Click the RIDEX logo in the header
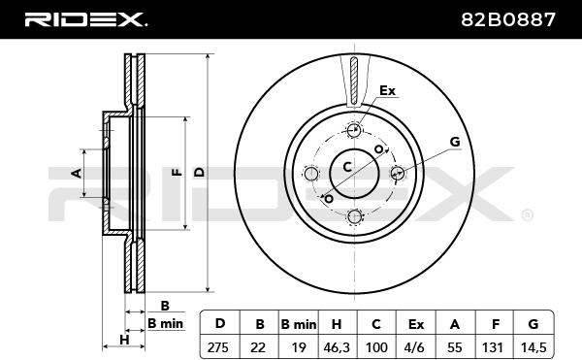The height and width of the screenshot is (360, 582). point(85,19)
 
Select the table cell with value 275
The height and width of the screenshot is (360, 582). point(220,344)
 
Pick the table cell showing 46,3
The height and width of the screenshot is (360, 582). point(337,344)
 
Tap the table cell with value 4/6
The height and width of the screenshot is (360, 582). point(415,344)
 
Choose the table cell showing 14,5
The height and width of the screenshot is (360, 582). point(533,344)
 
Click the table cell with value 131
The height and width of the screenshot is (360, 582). point(494,344)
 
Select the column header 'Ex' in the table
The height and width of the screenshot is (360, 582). point(415,322)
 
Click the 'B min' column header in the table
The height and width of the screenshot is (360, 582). point(298,322)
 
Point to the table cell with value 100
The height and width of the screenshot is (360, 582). point(376,344)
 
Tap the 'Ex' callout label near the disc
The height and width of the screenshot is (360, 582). point(388,91)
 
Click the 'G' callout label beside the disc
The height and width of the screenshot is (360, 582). point(454,142)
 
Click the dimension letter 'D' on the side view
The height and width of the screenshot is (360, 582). point(199,172)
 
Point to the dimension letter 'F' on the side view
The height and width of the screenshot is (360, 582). point(176,172)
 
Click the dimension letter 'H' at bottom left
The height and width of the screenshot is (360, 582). point(124,339)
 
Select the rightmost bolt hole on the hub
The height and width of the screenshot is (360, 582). point(396,173)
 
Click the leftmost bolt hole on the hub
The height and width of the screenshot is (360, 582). point(310,175)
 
